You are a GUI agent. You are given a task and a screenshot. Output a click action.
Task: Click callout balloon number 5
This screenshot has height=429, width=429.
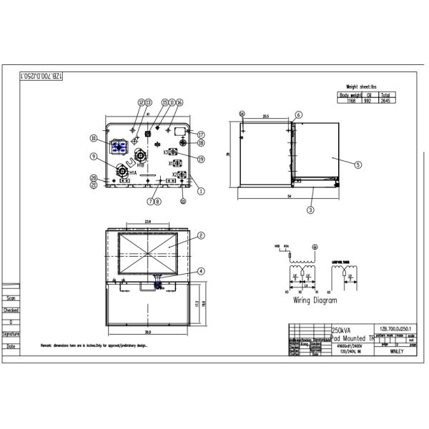(357, 164)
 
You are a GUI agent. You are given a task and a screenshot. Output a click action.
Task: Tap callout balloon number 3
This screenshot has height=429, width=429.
(310, 209)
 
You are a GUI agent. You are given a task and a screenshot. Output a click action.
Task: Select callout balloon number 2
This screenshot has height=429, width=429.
(202, 235)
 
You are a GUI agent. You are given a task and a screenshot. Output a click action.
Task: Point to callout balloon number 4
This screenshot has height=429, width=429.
(202, 271)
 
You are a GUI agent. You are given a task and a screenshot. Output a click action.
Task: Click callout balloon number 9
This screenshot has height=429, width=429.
(94, 157)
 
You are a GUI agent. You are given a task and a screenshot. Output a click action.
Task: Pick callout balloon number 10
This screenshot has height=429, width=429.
(94, 139)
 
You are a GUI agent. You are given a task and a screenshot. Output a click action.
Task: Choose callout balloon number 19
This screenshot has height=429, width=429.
(202, 159)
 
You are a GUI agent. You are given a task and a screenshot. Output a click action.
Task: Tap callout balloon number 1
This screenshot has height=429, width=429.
(202, 191)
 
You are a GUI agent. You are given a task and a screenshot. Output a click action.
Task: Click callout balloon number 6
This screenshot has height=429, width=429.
(299, 114)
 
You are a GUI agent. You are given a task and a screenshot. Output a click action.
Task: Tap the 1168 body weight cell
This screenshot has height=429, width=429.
(351, 102)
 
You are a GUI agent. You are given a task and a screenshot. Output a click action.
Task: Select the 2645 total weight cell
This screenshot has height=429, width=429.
(385, 102)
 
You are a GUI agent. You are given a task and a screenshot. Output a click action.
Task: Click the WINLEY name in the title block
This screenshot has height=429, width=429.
(399, 352)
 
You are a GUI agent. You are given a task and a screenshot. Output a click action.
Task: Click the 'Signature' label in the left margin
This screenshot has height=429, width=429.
(11, 334)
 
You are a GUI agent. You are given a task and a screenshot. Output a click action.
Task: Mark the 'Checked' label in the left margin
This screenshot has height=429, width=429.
(11, 310)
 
